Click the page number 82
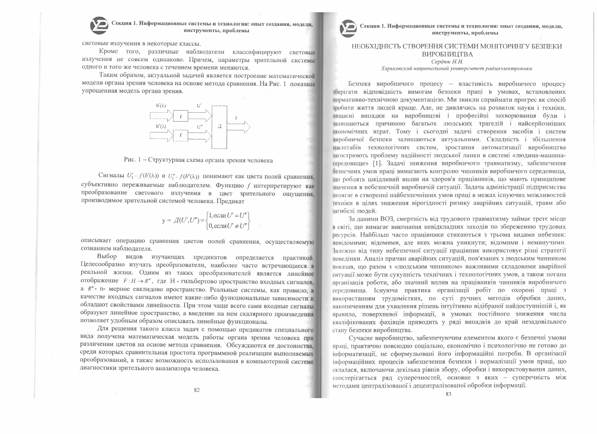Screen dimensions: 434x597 click(x=197, y=390)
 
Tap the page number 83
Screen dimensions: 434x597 click(x=449, y=394)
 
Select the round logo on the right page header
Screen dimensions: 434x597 click(x=348, y=28)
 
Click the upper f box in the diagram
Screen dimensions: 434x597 click(x=181, y=116)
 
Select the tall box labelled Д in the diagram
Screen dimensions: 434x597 click(x=220, y=127)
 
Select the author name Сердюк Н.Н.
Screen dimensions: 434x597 click(x=447, y=62)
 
